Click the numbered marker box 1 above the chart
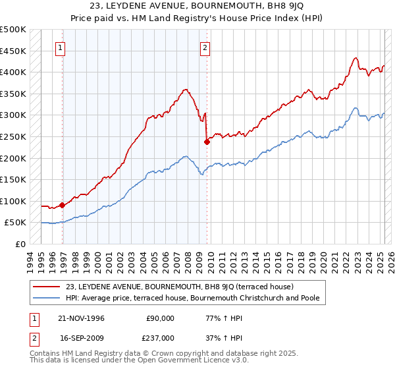(x=61, y=47)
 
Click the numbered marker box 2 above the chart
(x=205, y=47)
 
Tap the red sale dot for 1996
(x=63, y=205)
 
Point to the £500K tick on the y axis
(x=13, y=30)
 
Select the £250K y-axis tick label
(x=13, y=136)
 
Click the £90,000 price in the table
(x=161, y=318)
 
